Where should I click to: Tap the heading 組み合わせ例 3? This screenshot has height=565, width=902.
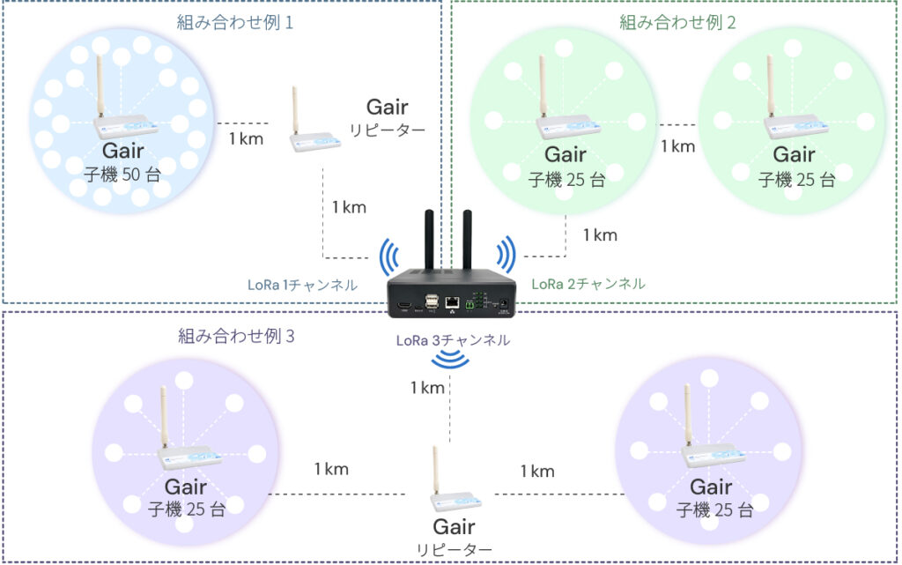(237, 335)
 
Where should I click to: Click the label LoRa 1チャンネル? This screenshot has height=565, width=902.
(302, 286)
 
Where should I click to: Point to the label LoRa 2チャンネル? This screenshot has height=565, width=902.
(588, 284)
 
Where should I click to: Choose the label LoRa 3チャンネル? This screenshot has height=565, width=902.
(452, 339)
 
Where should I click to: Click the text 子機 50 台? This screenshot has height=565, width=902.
(122, 174)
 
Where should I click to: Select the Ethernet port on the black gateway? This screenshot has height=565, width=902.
(452, 302)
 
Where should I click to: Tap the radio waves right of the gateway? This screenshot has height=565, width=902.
(506, 255)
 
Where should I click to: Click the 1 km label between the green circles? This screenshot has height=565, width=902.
(677, 145)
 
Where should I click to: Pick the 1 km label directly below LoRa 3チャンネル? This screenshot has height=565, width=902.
(427, 387)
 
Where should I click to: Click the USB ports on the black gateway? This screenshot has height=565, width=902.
(432, 302)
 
